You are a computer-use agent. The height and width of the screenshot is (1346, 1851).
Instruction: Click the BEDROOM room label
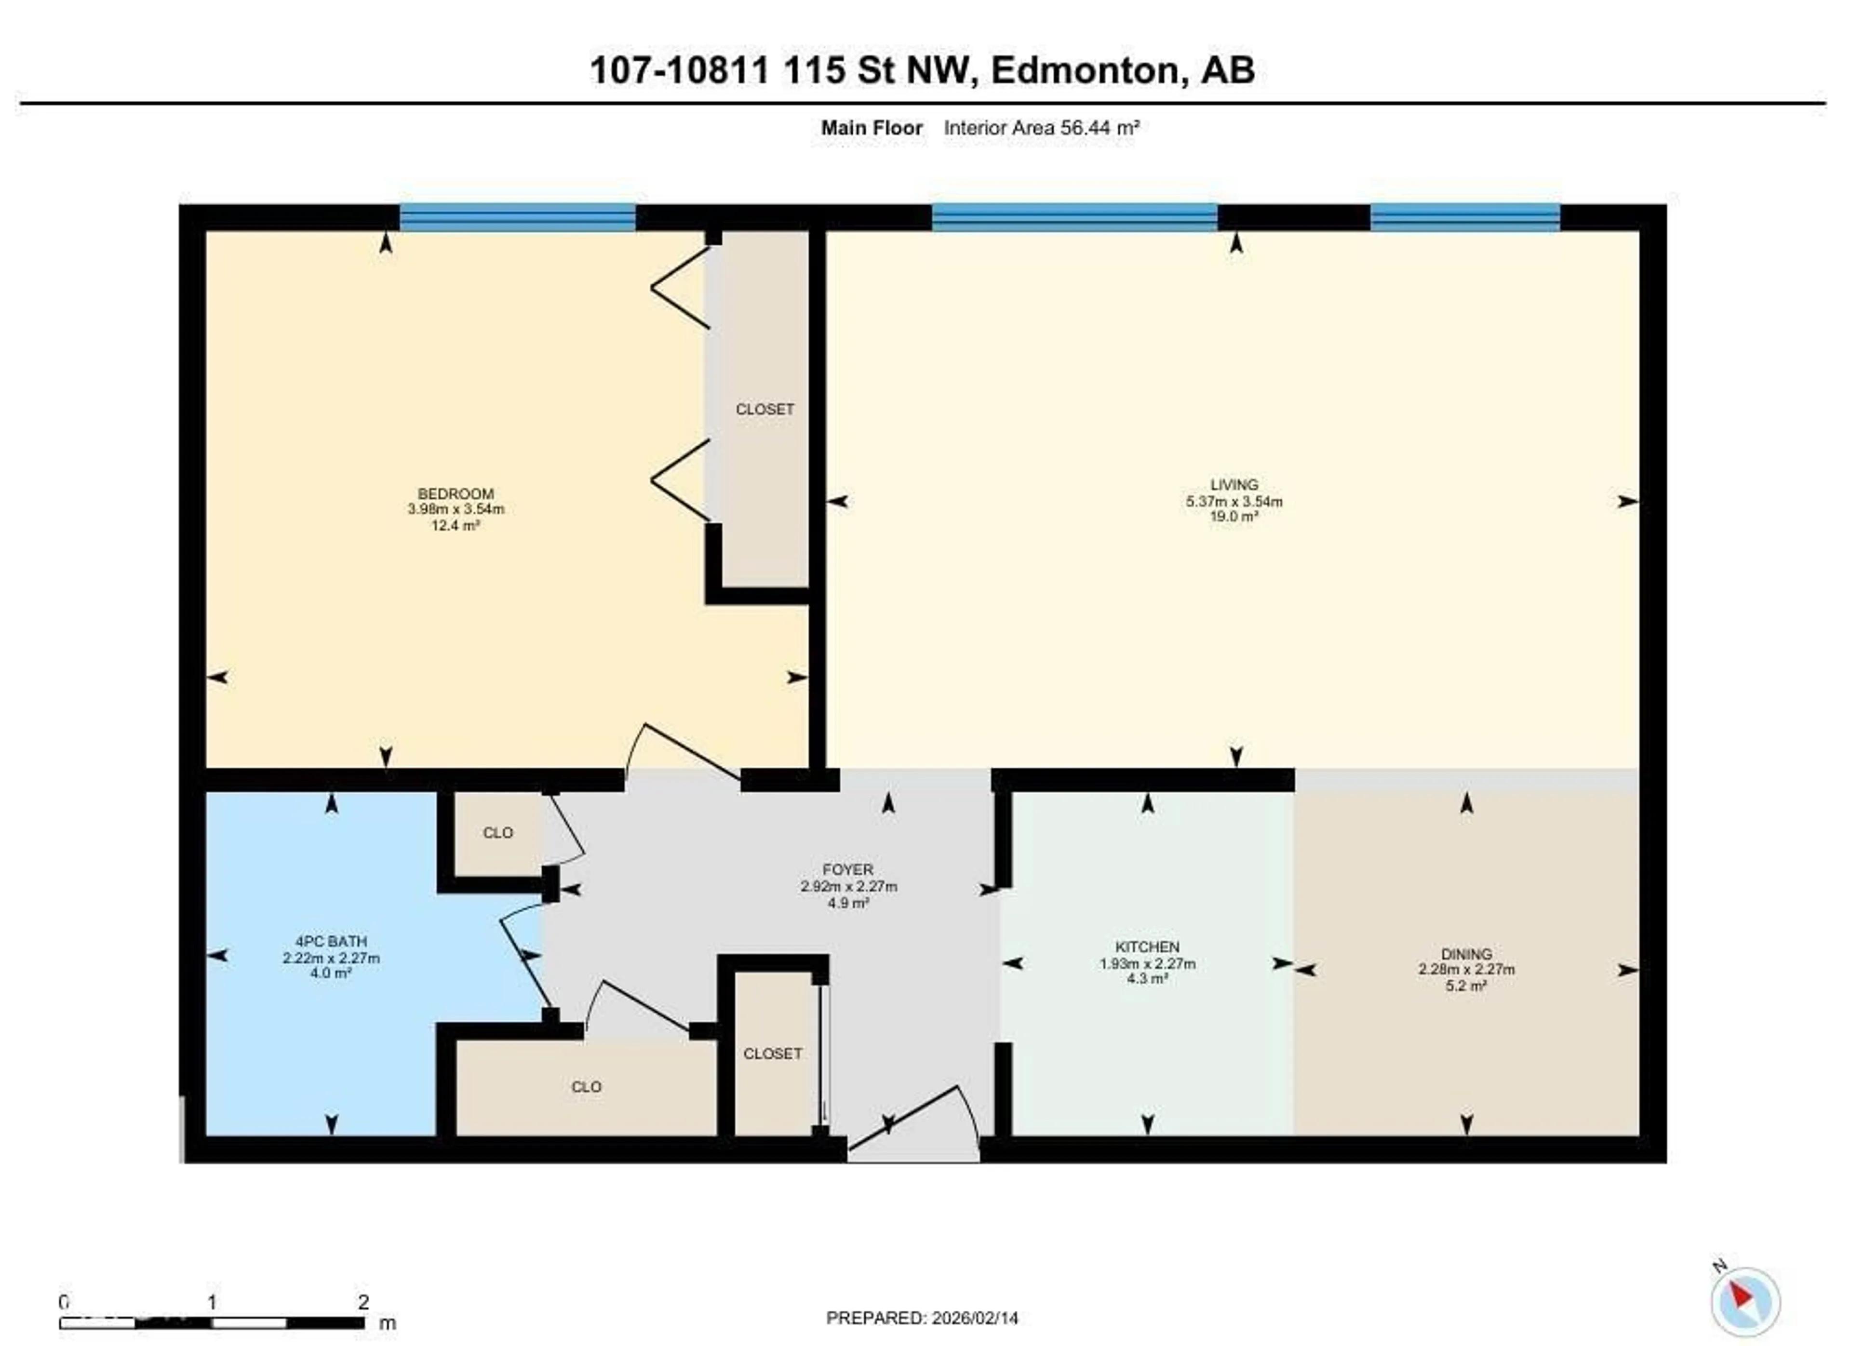(x=456, y=493)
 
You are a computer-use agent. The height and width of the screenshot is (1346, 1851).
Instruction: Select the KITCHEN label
(x=1147, y=947)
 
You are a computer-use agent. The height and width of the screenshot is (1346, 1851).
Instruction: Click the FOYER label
(x=848, y=869)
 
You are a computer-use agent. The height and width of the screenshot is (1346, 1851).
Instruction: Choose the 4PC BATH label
(x=331, y=941)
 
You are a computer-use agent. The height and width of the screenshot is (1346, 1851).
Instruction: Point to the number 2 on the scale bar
(x=363, y=1302)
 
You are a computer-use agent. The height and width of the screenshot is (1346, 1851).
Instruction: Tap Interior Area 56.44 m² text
(x=1041, y=128)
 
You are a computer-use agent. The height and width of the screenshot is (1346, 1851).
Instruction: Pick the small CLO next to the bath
(x=498, y=833)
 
